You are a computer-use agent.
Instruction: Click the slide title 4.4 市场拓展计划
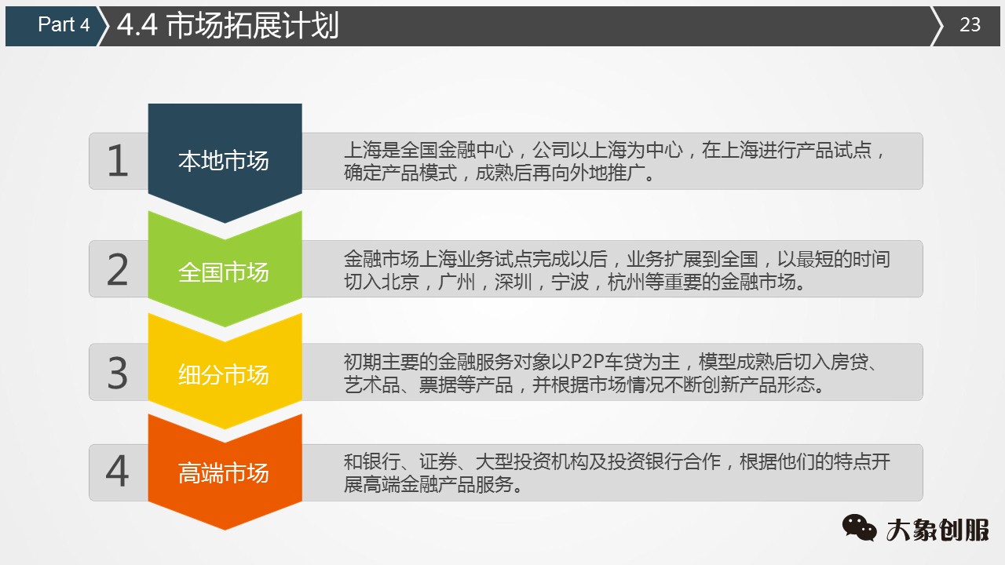[228, 25]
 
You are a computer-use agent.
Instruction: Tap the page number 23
[970, 25]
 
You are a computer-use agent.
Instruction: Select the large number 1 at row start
[118, 162]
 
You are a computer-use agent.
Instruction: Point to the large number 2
[118, 270]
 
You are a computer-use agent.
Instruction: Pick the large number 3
[118, 374]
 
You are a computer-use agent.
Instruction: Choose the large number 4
[118, 472]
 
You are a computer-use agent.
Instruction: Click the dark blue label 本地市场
[224, 162]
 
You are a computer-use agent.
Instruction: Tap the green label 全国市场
[224, 272]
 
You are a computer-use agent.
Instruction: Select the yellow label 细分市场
[224, 375]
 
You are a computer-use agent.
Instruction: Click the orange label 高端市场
[224, 474]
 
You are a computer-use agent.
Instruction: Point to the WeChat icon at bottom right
[860, 527]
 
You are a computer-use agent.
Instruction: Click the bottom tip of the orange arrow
[225, 528]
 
